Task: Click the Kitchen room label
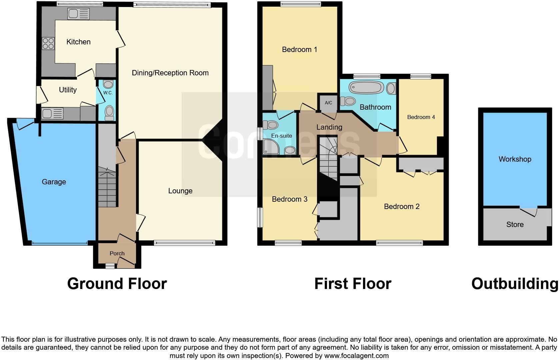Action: pos(78,42)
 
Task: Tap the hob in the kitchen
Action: pos(48,44)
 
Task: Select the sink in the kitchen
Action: pos(78,14)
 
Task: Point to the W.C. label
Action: pos(108,93)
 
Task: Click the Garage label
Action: pos(54,182)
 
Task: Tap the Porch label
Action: pos(117,253)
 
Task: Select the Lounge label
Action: pos(180,191)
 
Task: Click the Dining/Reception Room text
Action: pos(170,73)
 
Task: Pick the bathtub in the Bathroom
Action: pos(366,88)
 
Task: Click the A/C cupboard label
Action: pos(328,103)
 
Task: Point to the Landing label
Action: pos(329,127)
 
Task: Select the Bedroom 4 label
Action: pos(421,117)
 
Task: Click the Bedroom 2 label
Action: pos(401,206)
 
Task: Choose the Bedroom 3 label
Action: pos(289,199)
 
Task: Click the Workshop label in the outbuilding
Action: pos(515,159)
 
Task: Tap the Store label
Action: pos(515,224)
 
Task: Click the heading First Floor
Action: pos(353,284)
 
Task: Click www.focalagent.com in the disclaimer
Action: pos(356,356)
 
